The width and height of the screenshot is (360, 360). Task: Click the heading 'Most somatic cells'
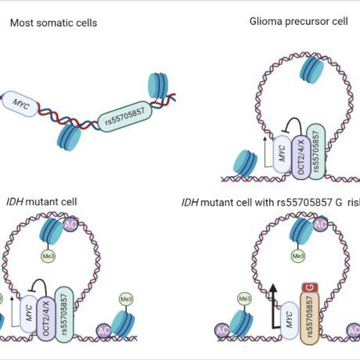click(x=53, y=23)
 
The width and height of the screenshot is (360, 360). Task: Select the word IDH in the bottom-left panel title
click(x=14, y=201)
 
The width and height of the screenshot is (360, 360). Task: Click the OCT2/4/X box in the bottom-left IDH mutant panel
click(x=49, y=321)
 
